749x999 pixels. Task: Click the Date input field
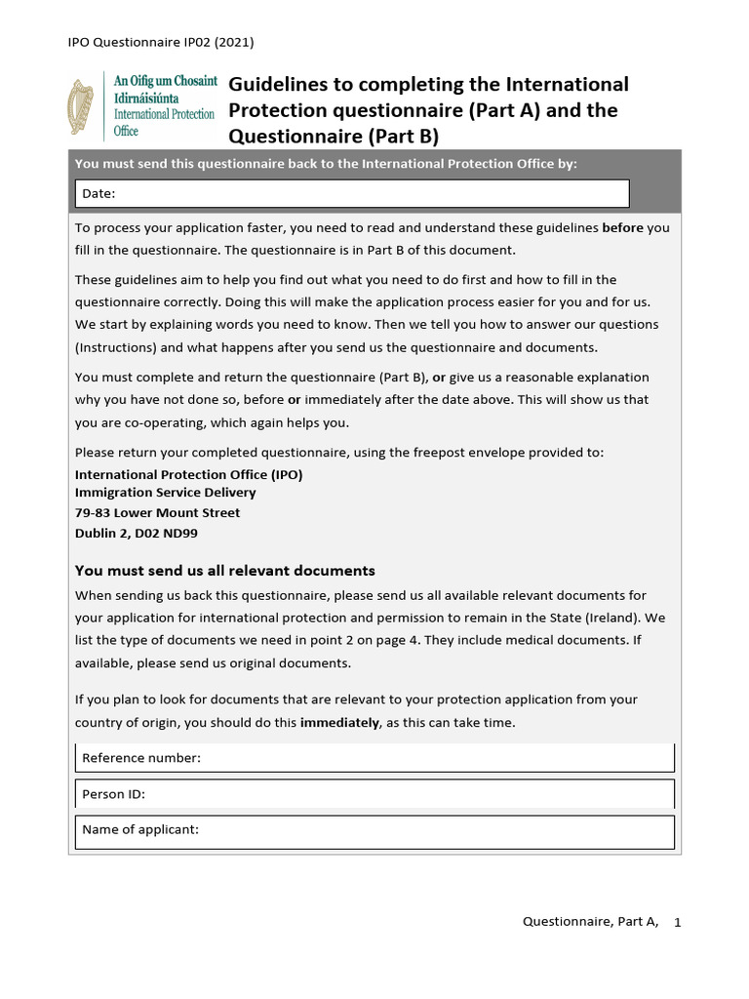[352, 193]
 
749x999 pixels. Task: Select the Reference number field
[374, 758]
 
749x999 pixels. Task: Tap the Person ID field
[374, 794]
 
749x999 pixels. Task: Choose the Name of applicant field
[374, 830]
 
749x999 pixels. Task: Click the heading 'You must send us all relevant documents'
[225, 571]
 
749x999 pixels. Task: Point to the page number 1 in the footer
[677, 922]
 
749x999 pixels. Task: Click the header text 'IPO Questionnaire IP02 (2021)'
[161, 42]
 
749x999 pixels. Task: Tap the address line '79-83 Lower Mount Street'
[157, 513]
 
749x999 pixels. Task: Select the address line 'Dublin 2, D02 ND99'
[137, 534]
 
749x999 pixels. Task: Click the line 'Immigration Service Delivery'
[166, 493]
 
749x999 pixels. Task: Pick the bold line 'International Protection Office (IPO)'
[189, 474]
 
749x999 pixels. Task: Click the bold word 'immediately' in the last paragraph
[339, 723]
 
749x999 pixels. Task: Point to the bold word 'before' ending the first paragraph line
[623, 228]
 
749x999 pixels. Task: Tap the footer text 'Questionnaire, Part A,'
[591, 922]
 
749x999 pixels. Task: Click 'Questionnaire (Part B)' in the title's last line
[334, 136]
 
